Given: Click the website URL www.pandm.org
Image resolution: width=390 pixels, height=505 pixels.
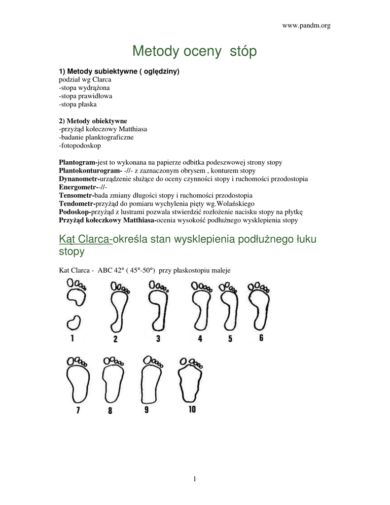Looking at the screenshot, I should tap(306, 26).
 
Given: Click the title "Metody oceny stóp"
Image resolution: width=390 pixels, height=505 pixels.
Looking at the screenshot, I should tap(195, 51).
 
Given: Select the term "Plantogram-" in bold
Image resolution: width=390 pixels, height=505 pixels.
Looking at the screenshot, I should tap(78, 162).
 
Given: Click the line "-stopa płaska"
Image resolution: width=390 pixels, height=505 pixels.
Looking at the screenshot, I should tap(78, 104).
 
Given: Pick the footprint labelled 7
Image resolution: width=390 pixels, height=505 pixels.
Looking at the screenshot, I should tap(77, 384).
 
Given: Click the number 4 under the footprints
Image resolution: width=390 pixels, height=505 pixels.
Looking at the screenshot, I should tap(200, 339).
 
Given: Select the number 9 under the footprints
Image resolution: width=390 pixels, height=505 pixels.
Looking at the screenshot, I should tap(146, 410).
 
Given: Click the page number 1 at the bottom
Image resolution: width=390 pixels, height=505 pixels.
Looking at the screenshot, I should tap(195, 478).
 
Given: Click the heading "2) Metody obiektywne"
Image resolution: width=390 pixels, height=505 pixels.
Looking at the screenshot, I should tap(93, 121).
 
